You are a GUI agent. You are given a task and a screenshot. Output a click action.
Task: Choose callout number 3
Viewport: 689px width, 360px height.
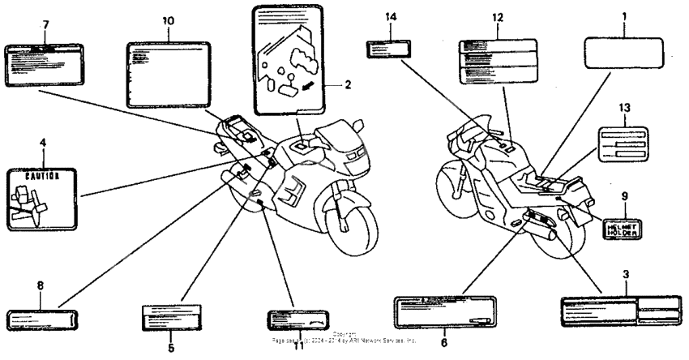625,275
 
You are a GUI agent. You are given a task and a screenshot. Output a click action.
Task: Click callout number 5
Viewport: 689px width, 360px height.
172,349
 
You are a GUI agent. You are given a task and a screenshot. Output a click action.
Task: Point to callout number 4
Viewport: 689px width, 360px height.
42,144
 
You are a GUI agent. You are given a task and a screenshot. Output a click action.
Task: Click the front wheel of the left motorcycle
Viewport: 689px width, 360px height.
354,223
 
